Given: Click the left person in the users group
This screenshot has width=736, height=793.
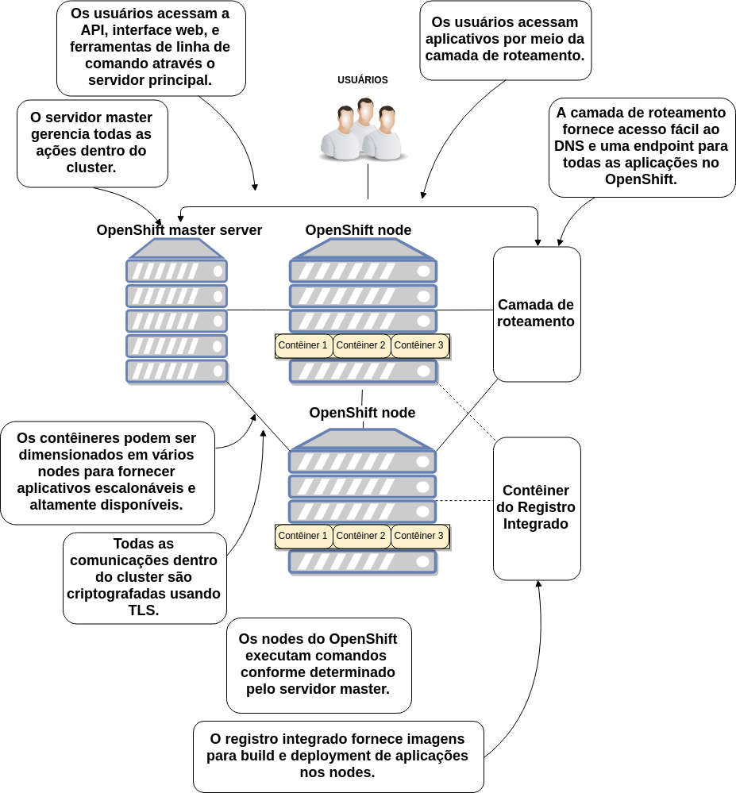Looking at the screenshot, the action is coord(341,137).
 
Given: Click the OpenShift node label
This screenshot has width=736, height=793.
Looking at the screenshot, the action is coord(362,414).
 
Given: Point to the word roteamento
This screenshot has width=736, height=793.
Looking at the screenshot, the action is coord(536,322).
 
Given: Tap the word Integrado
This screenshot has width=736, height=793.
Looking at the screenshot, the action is coord(536,524).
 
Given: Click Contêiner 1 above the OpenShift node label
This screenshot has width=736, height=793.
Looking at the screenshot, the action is coord(303,345).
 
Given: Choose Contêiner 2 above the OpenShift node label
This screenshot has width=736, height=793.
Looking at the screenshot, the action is coord(361,345).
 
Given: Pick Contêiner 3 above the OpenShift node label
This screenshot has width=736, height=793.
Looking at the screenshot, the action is coord(419,345).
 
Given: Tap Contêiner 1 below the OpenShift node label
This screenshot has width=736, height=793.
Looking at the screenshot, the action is coord(303,536).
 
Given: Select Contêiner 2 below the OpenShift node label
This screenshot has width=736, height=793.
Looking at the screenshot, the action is coord(361,536).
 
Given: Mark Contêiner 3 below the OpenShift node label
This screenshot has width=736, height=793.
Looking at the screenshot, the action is coord(419,536).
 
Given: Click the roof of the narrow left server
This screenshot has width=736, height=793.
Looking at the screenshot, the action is coord(177,248).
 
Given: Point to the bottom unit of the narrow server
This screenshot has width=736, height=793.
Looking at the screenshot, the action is coord(177,371).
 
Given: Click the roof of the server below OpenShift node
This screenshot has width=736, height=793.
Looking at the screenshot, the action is coord(363,439).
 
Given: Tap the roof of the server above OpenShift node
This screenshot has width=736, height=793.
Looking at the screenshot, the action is coord(363,248).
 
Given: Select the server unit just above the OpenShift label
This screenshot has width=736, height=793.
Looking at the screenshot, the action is coord(363,371).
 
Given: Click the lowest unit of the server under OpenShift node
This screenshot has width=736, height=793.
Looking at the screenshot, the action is coord(363,561).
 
